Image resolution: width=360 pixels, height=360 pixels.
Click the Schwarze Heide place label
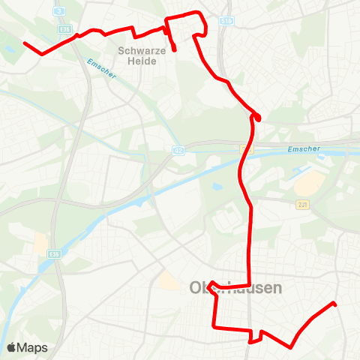pyautogui.click(x=137, y=56)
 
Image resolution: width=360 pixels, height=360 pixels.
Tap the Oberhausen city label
pyautogui.click(x=235, y=288)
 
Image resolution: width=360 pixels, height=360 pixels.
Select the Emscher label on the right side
pyautogui.click(x=303, y=149)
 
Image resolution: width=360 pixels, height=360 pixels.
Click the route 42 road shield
pyautogui.click(x=178, y=150)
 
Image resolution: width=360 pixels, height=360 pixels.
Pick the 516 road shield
pyautogui.click(x=226, y=23)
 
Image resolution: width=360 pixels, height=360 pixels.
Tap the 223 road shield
pyautogui.click(x=302, y=205)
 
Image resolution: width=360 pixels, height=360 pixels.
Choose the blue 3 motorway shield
pyautogui.click(x=58, y=12)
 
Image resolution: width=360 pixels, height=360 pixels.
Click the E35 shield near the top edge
pyautogui.click(x=66, y=29)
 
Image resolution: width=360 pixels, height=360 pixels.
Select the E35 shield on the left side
pyautogui.click(x=55, y=254)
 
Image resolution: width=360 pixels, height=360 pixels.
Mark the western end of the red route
pyautogui.click(x=25, y=43)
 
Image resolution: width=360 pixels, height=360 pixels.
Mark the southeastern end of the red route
pyautogui.click(x=334, y=304)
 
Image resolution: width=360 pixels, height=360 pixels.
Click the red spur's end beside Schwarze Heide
pyautogui.click(x=175, y=49)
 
